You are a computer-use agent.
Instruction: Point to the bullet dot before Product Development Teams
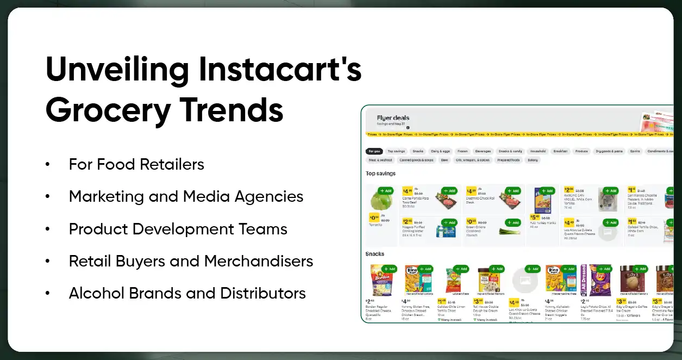48,229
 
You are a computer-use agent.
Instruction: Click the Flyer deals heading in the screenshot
393,117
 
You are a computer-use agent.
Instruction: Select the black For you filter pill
374,151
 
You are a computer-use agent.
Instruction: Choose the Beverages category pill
483,151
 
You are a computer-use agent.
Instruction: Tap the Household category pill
538,151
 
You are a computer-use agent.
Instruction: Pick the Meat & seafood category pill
380,160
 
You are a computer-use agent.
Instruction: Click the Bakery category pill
533,160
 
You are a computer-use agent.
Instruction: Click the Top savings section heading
380,173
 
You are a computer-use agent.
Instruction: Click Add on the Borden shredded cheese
389,269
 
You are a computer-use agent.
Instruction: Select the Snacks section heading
375,254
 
